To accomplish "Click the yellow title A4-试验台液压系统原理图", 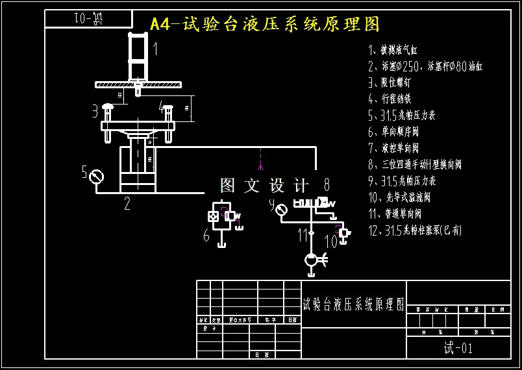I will pos(264,25).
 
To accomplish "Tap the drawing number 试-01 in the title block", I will pos(458,348).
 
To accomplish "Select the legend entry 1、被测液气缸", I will pos(403,50).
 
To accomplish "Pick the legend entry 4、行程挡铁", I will pos(390,99).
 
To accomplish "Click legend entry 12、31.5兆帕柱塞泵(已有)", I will pos(415,230).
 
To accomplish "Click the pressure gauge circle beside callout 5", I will pos(97,176).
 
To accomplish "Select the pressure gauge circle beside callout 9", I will pos(281,210).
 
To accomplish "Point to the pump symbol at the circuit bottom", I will pos(312,260).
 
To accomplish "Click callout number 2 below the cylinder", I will pos(127,204).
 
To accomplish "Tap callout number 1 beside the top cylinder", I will pos(156,49).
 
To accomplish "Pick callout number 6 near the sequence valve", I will pos(206,235).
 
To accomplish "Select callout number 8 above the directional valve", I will pos(327,185).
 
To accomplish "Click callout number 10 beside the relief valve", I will pos(330,241).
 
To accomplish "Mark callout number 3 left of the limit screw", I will pos(95,110).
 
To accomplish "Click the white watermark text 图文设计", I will pos(265,186).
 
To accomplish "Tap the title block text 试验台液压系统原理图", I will pos(354,304).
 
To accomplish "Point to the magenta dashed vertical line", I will pos(260,162).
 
